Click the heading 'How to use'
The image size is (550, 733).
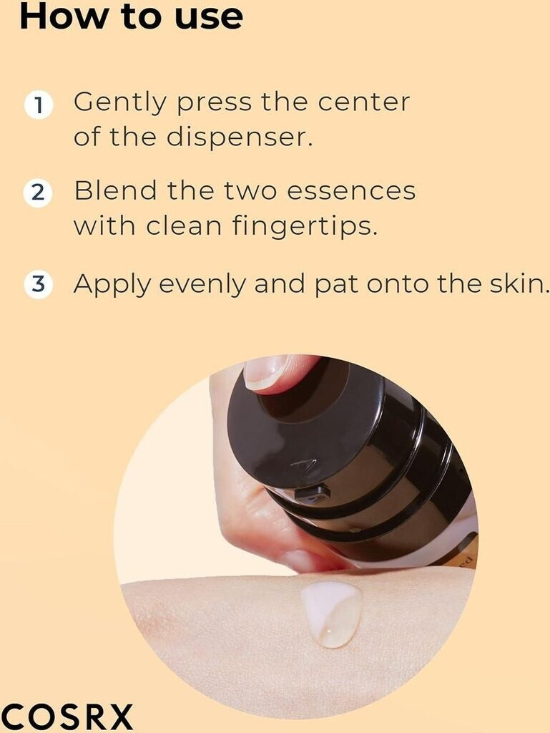pos(131,16)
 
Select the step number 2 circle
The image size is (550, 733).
pos(38,193)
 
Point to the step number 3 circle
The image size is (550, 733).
pos(38,284)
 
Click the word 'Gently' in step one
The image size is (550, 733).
pos(120,104)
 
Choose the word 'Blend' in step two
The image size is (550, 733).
pos(115,190)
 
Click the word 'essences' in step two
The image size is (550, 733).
pos(351,191)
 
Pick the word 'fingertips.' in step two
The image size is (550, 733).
pos(305,227)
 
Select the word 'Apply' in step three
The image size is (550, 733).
pos(112,285)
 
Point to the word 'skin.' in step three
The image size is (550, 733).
pos(519,283)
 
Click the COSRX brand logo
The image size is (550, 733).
pos(67,716)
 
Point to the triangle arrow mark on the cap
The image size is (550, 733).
pos(303,464)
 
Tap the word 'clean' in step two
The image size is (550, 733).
pos(184,225)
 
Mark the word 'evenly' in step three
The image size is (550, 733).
pos(202,285)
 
